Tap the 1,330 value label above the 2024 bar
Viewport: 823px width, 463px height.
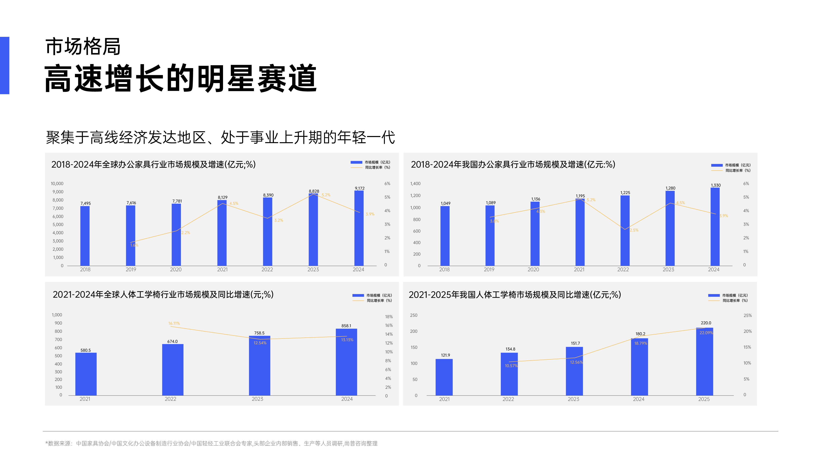[715, 185]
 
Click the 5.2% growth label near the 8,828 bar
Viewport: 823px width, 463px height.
[326, 195]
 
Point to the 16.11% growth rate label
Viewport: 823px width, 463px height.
[174, 323]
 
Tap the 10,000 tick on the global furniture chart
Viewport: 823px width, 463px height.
[57, 184]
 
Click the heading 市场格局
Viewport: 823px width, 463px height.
[83, 47]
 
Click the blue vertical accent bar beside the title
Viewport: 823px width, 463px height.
[5, 65]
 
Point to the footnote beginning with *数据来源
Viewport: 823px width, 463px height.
[211, 443]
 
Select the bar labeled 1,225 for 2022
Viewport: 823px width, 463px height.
[625, 230]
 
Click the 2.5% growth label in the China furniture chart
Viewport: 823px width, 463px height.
[634, 230]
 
